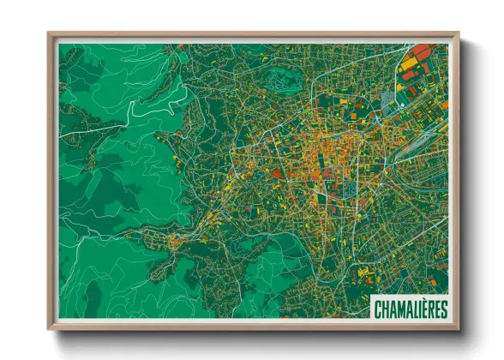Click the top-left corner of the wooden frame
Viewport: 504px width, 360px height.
pyautogui.click(x=50, y=35)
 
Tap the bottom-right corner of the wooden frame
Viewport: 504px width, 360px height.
pyautogui.click(x=456, y=327)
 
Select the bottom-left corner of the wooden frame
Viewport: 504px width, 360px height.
pyautogui.click(x=50, y=327)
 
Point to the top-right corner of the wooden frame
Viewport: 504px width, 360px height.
pyautogui.click(x=456, y=35)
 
